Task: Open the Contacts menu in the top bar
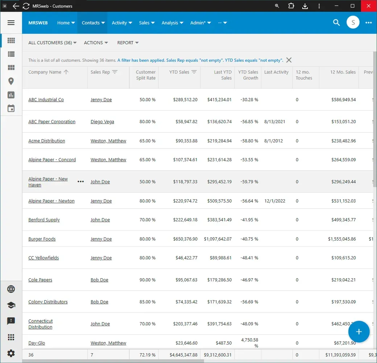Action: tap(93, 23)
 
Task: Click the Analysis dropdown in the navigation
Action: tap(172, 23)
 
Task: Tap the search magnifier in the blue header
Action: tap(336, 22)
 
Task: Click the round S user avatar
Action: tap(353, 22)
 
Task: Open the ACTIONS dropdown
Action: tap(96, 43)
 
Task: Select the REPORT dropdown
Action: tap(128, 43)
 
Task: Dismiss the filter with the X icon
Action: tap(289, 60)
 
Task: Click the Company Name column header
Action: tap(45, 72)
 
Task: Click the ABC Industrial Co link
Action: tap(46, 100)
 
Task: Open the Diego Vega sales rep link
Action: tap(103, 122)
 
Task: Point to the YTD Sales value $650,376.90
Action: tap(185, 239)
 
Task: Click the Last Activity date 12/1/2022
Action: tap(274, 201)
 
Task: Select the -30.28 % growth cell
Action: tap(249, 100)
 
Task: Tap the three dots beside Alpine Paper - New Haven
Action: tap(81, 181)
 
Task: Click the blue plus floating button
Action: tap(359, 331)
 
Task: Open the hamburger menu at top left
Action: tap(11, 22)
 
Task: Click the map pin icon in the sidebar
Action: tap(11, 81)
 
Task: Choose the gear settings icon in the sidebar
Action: tap(11, 353)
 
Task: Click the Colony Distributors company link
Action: tap(48, 302)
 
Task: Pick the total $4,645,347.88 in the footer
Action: tap(183, 355)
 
